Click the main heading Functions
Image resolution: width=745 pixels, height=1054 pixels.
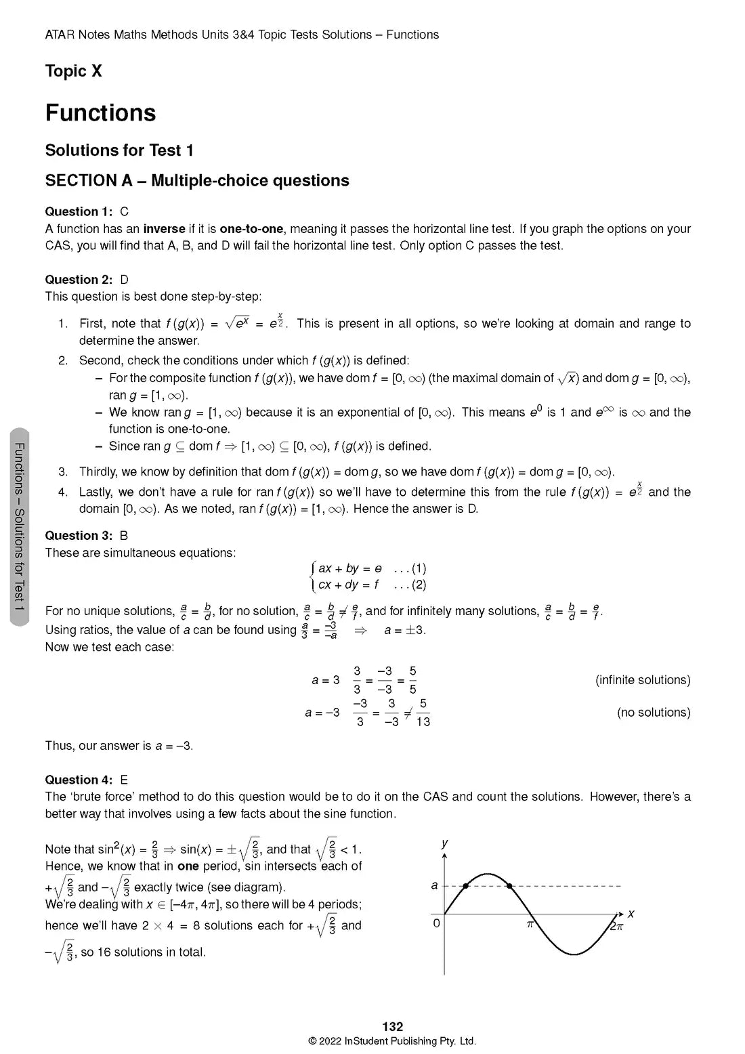pyautogui.click(x=100, y=113)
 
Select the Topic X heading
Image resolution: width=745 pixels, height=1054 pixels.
pyautogui.click(x=73, y=71)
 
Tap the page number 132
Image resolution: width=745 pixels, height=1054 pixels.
pyautogui.click(x=392, y=1027)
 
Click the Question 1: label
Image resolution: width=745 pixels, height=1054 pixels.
pyautogui.click(x=79, y=212)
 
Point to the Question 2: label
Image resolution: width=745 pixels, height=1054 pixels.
pyautogui.click(x=79, y=280)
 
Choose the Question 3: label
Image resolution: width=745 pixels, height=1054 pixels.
pyautogui.click(x=79, y=536)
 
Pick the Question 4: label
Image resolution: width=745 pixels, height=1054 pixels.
pyautogui.click(x=79, y=780)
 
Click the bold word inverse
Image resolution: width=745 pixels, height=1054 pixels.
pyautogui.click(x=164, y=229)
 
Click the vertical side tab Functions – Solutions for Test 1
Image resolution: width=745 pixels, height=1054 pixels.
pyautogui.click(x=20, y=526)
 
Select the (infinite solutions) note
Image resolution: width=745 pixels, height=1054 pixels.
pyautogui.click(x=643, y=680)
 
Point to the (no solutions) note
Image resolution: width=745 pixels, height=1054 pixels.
pyautogui.click(x=654, y=713)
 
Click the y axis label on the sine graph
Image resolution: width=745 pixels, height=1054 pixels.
pyautogui.click(x=444, y=843)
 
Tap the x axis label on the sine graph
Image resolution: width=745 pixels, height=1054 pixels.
pyautogui.click(x=631, y=914)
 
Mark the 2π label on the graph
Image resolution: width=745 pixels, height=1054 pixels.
pyautogui.click(x=616, y=926)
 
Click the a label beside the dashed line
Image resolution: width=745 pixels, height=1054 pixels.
pyautogui.click(x=434, y=885)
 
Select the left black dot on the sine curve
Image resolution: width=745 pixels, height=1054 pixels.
pyautogui.click(x=466, y=885)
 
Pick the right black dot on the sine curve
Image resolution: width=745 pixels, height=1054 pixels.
pyautogui.click(x=510, y=885)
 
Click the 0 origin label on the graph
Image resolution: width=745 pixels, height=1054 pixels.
pyautogui.click(x=437, y=923)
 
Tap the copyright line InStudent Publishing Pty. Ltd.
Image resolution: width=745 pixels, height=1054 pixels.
pyautogui.click(x=392, y=1041)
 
